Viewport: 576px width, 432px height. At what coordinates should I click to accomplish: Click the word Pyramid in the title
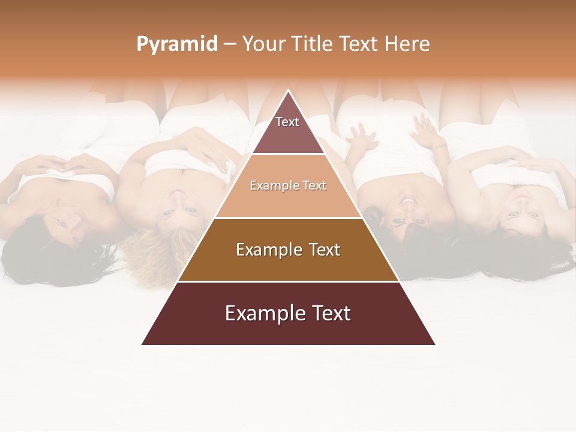pos(176,44)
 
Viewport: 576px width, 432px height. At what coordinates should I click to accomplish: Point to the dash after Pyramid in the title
pos(230,44)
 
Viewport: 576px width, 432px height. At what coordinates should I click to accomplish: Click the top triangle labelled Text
pos(288,127)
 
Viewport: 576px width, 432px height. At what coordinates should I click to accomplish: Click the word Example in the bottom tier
pos(258,313)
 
